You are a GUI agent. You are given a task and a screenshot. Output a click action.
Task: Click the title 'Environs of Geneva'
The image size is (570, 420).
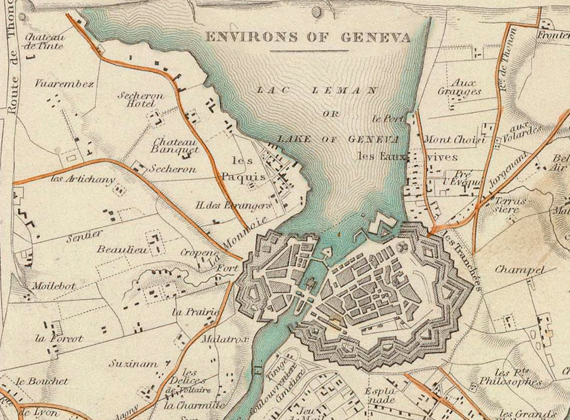(x=308, y=37)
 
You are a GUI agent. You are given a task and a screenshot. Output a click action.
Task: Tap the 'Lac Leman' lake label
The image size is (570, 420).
(x=316, y=90)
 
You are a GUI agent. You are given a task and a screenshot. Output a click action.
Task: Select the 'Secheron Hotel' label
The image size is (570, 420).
(x=140, y=99)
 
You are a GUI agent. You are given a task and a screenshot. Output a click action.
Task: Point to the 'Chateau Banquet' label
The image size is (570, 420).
(x=175, y=146)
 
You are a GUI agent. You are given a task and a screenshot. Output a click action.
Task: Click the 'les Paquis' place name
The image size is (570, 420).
(x=243, y=169)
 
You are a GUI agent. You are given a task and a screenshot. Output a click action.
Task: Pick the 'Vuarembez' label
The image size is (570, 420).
(x=64, y=84)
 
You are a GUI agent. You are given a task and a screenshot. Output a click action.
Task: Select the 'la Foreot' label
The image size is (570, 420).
(x=59, y=338)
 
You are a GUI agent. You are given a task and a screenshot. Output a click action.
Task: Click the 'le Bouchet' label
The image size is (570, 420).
(x=42, y=381)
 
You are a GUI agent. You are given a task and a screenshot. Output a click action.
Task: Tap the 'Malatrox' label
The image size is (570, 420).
(x=218, y=339)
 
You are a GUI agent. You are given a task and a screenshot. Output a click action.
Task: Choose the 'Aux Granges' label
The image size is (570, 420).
(x=459, y=87)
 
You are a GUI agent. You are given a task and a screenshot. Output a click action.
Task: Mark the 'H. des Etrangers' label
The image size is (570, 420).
(x=234, y=205)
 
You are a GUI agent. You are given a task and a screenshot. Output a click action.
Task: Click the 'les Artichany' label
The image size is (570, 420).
(x=83, y=179)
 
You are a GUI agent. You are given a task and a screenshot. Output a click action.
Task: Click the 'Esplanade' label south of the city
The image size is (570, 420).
(x=381, y=395)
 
